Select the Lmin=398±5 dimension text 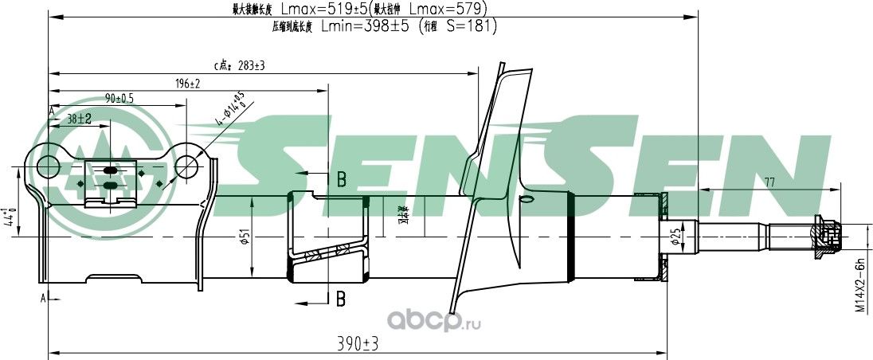pyautogui.click(x=365, y=25)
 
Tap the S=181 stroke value pyautogui.click(x=471, y=25)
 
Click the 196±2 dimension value pyautogui.click(x=187, y=84)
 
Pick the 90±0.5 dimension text pyautogui.click(x=119, y=98)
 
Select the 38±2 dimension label pyautogui.click(x=79, y=118)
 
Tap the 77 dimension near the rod pyautogui.click(x=769, y=182)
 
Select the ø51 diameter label pyautogui.click(x=247, y=237)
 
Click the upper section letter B pyautogui.click(x=340, y=179)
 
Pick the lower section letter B pyautogui.click(x=340, y=299)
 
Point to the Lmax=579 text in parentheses pyautogui.click(x=447, y=9)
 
